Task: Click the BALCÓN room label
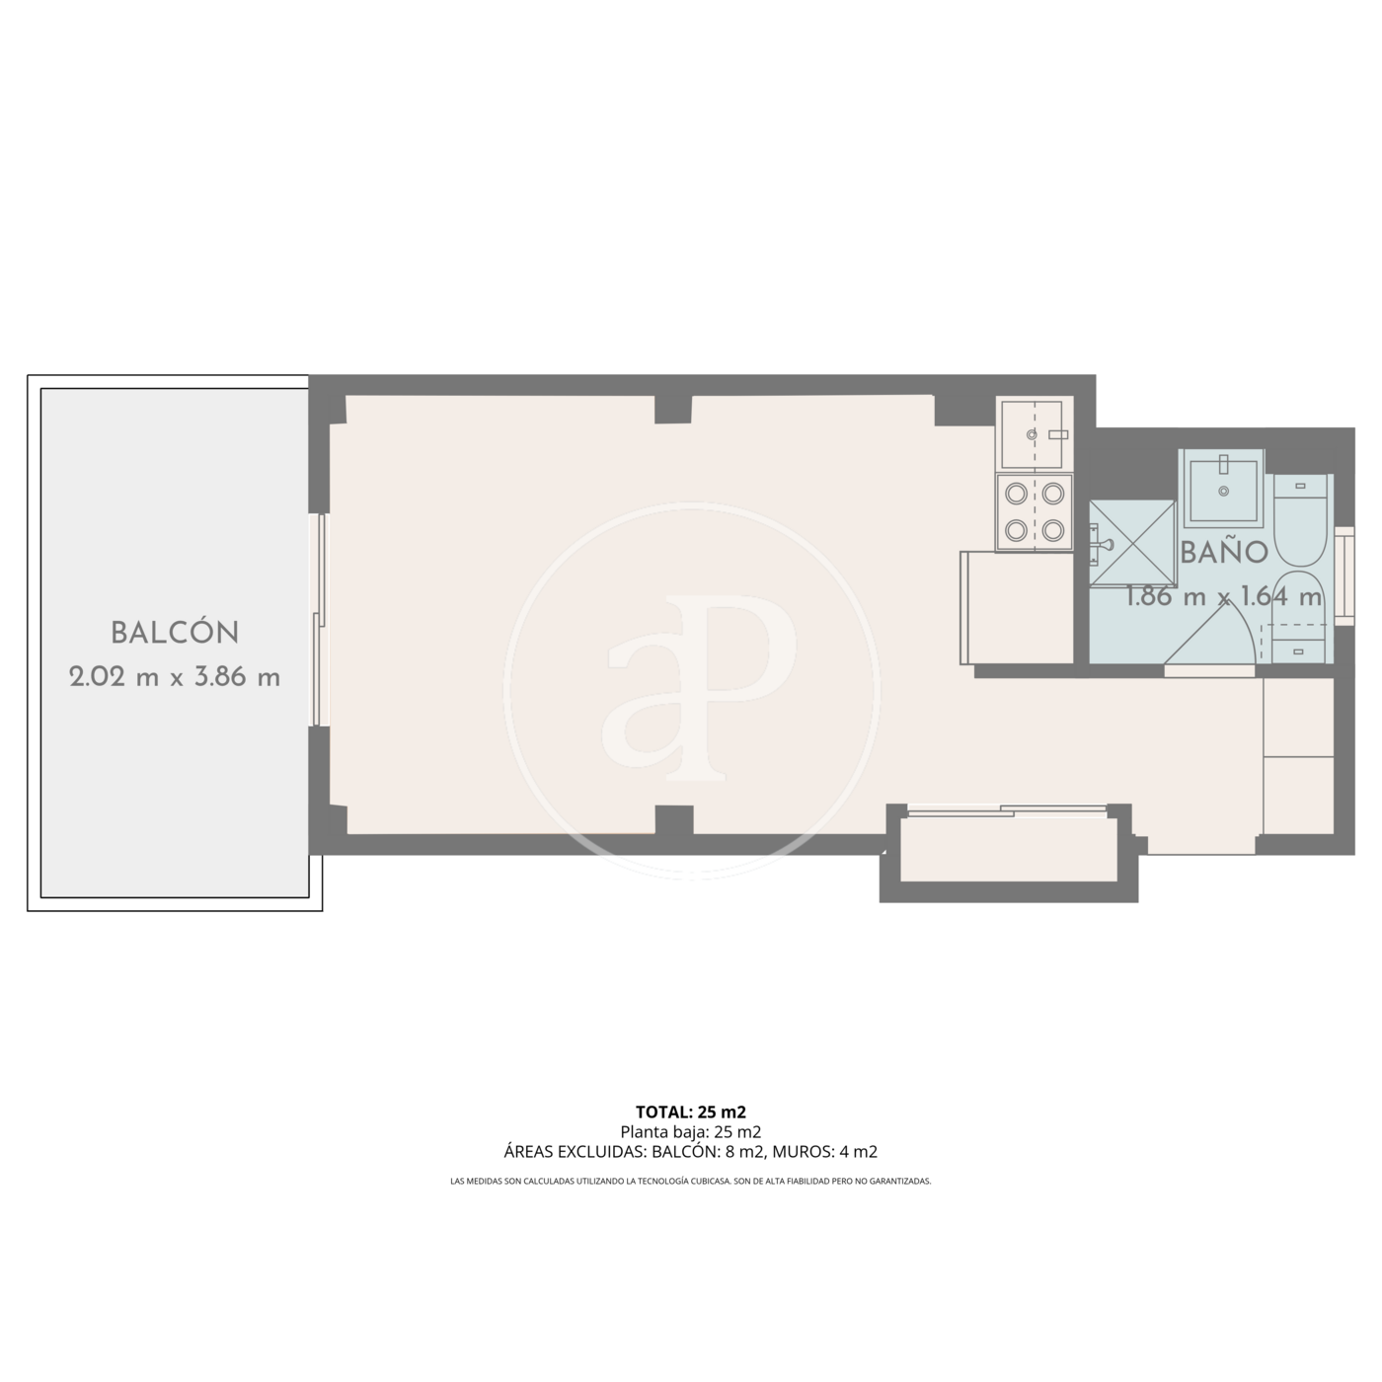[x=175, y=633]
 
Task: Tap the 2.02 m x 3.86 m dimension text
[x=175, y=677]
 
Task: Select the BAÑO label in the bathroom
[x=1224, y=552]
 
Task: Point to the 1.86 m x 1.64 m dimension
[x=1223, y=596]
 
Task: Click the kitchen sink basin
[x=1032, y=433]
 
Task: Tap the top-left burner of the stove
[x=1016, y=494]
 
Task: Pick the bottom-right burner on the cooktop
[x=1053, y=531]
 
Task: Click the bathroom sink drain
[x=1223, y=492]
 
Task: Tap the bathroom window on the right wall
[x=1344, y=576]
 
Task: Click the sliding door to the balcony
[x=321, y=620]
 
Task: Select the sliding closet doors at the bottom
[x=1007, y=810]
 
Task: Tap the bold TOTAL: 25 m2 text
[x=691, y=1112]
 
